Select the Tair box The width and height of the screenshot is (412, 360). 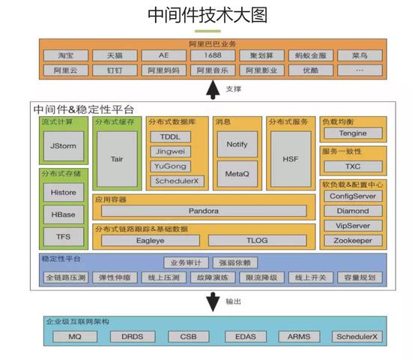click(x=117, y=159)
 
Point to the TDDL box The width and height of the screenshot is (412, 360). click(x=171, y=136)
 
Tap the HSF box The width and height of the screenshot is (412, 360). click(x=290, y=158)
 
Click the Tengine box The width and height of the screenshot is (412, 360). click(x=353, y=133)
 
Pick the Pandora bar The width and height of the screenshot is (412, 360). click(x=204, y=211)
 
